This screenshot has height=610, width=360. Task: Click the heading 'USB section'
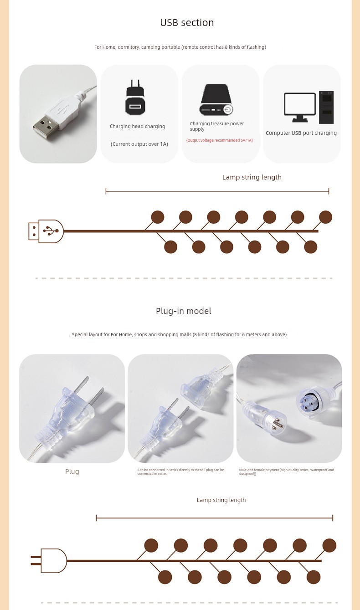187,23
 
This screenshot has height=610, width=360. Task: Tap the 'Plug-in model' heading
184,311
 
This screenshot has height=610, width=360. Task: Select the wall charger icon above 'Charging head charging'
135,97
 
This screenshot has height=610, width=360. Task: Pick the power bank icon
216,100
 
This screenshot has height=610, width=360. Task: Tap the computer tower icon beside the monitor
326,108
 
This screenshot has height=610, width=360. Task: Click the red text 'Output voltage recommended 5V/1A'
220,140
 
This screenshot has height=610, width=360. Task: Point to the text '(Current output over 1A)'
139,144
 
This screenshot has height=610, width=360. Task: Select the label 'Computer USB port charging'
301,133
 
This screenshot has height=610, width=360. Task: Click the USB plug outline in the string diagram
46,231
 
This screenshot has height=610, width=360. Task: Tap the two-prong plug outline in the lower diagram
49,561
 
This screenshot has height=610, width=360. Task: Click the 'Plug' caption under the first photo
72,472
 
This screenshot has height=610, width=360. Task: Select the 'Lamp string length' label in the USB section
252,177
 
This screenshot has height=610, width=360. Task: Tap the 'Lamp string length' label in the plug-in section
221,500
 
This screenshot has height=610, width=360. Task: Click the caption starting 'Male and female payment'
287,472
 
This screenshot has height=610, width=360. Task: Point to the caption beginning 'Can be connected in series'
180,472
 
